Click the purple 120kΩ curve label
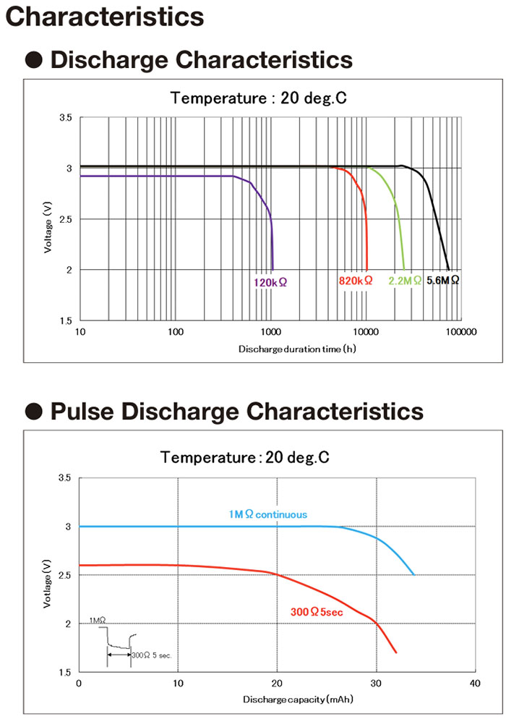click(x=270, y=281)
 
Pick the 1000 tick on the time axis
click(x=271, y=332)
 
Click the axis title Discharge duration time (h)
click(x=296, y=349)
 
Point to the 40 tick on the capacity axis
click(x=474, y=684)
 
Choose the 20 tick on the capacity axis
click(x=277, y=684)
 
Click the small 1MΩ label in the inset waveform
click(x=98, y=620)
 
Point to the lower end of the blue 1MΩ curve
click(x=414, y=574)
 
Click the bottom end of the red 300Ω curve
click(x=396, y=652)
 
